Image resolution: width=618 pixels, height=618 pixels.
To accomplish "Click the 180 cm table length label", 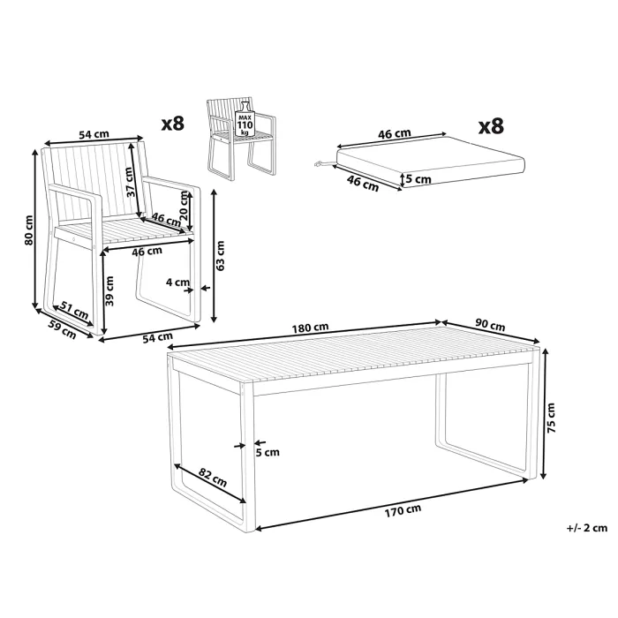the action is [x=310, y=328].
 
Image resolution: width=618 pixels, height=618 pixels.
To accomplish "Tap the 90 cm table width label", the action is [x=490, y=325].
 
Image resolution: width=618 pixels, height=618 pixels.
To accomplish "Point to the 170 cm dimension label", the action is [x=403, y=510].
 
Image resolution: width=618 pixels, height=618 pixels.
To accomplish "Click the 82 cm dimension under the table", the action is [x=213, y=478].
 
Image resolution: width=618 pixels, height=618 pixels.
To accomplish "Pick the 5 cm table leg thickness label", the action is [x=268, y=452].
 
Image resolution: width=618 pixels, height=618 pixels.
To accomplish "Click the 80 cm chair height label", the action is [x=28, y=230].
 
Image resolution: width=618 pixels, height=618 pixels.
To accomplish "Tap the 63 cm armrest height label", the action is [x=220, y=256].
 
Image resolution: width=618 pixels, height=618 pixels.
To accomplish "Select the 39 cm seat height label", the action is [x=109, y=290].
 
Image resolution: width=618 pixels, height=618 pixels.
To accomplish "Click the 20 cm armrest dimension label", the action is [x=184, y=206].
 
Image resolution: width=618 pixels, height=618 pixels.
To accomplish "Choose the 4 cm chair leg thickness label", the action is [x=177, y=283].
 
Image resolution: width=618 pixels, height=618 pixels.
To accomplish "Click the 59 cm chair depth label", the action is [x=62, y=329].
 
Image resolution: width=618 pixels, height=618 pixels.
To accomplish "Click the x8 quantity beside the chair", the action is [x=173, y=124].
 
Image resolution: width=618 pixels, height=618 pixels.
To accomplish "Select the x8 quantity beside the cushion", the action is [x=491, y=126].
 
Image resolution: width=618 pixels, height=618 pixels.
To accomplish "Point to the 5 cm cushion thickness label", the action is [x=418, y=179].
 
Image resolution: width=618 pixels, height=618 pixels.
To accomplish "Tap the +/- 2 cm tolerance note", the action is [x=587, y=528].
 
